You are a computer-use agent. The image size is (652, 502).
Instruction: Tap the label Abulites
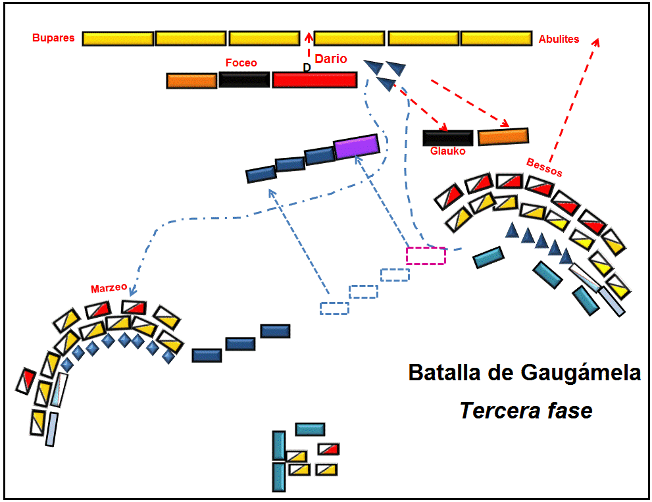pyautogui.click(x=559, y=39)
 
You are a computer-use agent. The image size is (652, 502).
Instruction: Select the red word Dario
pyautogui.click(x=331, y=59)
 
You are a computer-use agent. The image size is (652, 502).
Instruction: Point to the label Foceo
pyautogui.click(x=241, y=63)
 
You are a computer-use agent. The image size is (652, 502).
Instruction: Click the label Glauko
pyautogui.click(x=447, y=151)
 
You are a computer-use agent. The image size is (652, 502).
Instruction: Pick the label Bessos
pyautogui.click(x=545, y=167)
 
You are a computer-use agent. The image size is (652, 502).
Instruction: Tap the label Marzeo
pyautogui.click(x=107, y=289)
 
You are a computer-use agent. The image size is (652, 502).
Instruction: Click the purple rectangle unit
pyautogui.click(x=357, y=146)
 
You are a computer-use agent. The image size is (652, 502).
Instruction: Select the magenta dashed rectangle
pyautogui.click(x=426, y=255)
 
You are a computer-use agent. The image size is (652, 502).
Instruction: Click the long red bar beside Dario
pyautogui.click(x=314, y=80)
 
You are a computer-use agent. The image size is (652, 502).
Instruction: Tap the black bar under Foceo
pyautogui.click(x=244, y=80)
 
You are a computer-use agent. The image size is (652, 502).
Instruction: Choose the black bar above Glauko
pyautogui.click(x=447, y=138)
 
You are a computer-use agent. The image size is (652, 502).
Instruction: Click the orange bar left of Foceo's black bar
pyautogui.click(x=191, y=81)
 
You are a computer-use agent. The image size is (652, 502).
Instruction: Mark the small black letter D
pyautogui.click(x=307, y=67)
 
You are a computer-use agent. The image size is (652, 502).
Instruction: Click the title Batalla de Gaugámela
pyautogui.click(x=524, y=372)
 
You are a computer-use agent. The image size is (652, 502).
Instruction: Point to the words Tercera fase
pyautogui.click(x=526, y=411)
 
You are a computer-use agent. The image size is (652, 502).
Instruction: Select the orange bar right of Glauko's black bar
pyautogui.click(x=503, y=136)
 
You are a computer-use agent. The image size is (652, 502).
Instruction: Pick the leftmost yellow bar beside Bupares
pyautogui.click(x=118, y=38)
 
